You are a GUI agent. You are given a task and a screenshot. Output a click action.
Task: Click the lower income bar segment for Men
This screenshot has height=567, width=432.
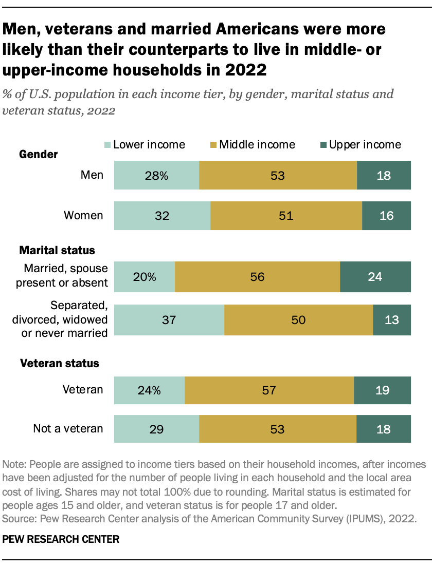[156, 175]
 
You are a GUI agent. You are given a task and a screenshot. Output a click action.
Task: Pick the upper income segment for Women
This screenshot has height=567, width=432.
[386, 215]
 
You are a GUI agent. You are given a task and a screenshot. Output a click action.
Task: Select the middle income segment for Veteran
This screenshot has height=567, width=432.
[269, 390]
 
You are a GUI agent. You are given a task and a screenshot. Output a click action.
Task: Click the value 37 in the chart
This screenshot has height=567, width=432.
[169, 320]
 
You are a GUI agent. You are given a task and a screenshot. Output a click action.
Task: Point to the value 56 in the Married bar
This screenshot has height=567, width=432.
[257, 277]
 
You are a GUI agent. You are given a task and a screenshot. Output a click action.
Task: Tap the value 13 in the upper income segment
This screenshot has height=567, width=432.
[391, 320]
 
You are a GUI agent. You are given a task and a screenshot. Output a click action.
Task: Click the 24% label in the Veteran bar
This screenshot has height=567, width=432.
[149, 390]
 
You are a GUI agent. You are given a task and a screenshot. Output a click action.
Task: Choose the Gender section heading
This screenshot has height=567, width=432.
[39, 154]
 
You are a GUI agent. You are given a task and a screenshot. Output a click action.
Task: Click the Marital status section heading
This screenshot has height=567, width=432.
[57, 251]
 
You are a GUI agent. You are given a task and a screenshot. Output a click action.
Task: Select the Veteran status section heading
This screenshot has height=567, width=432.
[59, 364]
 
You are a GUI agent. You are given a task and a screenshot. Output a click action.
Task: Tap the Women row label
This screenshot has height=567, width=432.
[83, 215]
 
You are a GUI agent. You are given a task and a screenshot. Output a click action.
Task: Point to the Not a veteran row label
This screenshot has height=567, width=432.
[68, 428]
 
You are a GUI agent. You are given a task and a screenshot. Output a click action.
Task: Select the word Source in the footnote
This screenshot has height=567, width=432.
[16, 519]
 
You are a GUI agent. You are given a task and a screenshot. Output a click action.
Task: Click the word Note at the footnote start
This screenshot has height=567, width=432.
[14, 464]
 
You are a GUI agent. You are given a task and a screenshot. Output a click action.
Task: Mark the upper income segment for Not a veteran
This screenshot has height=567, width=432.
[384, 428]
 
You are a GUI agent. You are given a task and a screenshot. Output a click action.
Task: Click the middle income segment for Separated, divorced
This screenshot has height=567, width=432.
[298, 320]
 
